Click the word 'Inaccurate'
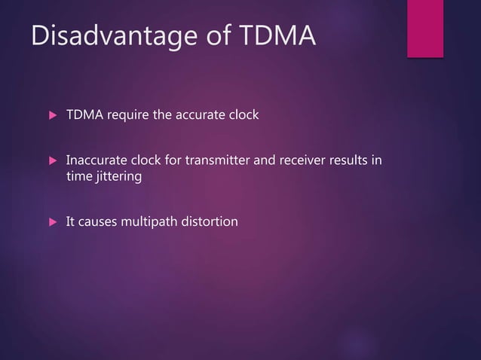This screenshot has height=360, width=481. tap(97, 160)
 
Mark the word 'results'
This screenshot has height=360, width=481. tap(346, 160)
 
